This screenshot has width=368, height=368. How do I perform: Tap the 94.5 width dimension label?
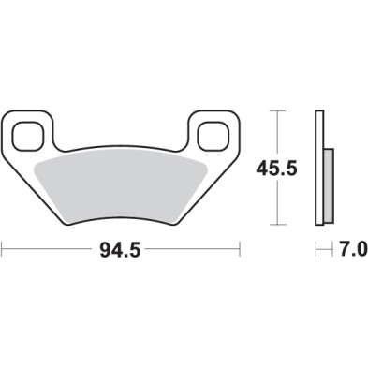tap(123, 250)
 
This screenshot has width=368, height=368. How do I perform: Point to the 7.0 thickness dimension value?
tap(349, 250)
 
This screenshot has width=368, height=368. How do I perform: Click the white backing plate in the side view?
tap(320, 169)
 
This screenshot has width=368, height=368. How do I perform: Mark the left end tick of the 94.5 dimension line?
tap(3, 250)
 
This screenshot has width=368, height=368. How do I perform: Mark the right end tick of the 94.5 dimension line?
tap(242, 250)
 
